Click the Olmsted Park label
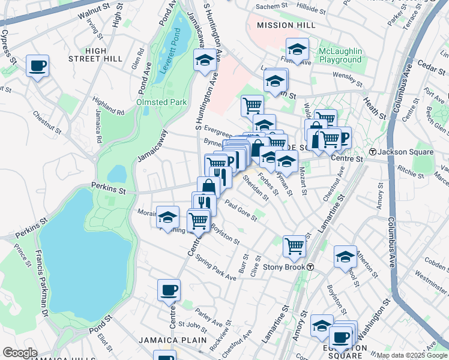click(x=162, y=103)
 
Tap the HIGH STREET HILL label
click(x=104, y=54)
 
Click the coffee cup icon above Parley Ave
click(x=169, y=290)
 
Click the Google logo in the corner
click(x=19, y=353)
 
